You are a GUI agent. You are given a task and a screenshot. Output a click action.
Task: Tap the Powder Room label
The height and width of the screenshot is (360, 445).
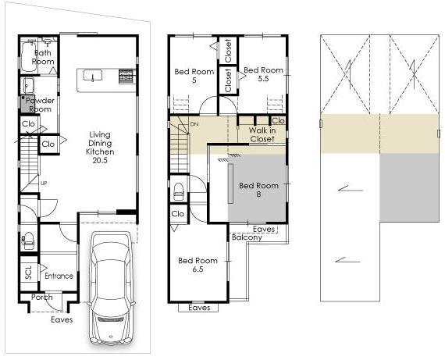click(40, 105)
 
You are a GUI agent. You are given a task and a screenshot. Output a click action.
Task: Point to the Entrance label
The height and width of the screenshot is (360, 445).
click(59, 276)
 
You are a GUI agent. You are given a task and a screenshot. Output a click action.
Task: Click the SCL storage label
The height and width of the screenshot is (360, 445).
click(28, 273)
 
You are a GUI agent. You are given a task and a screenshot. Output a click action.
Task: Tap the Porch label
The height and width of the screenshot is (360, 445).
click(41, 298)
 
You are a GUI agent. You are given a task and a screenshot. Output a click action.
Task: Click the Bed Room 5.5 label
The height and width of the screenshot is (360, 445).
click(263, 75)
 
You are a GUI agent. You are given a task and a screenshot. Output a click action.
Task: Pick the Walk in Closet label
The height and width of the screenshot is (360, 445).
click(262, 134)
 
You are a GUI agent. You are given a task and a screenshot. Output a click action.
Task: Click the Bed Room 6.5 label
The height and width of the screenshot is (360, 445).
click(198, 265)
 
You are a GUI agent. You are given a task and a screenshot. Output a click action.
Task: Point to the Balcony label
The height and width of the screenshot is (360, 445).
click(247, 237)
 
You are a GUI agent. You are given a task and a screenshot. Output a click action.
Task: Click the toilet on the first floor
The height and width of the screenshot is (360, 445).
click(28, 239)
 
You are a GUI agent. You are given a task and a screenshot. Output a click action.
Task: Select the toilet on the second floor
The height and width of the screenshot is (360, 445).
click(179, 190)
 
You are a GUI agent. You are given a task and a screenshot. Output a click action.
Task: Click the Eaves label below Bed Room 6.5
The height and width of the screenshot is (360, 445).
click(199, 308)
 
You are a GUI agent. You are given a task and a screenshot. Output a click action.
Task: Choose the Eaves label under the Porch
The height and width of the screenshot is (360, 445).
click(62, 319)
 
